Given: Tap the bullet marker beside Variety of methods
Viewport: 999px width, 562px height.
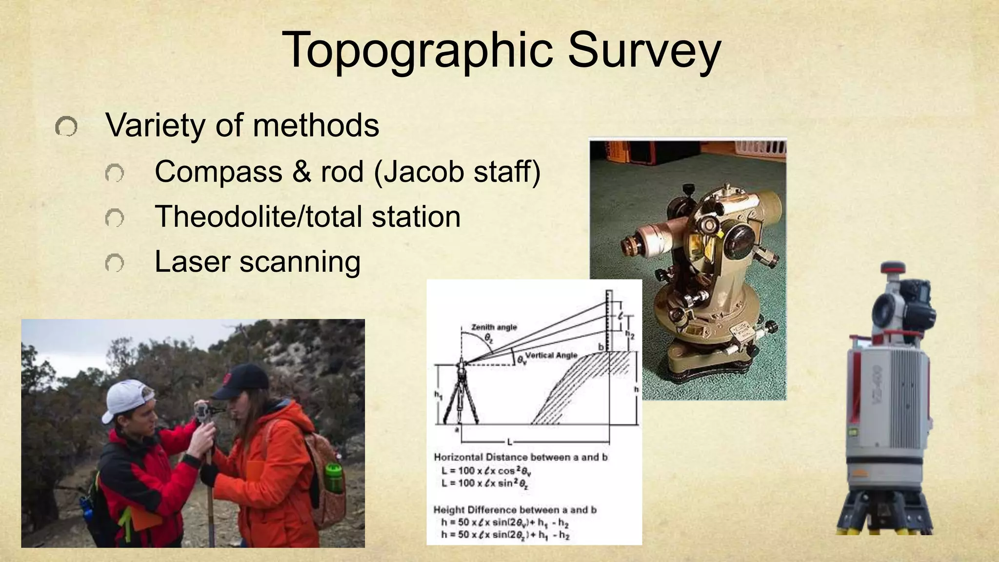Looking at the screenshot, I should tap(66, 127).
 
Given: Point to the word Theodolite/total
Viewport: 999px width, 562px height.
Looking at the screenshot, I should tap(259, 217).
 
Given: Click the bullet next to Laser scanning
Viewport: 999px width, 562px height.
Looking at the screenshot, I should tap(114, 263).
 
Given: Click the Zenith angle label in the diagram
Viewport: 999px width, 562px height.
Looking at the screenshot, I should tap(494, 327).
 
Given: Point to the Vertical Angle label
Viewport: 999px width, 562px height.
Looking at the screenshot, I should tap(551, 355).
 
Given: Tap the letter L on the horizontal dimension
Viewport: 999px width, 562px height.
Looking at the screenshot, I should tap(510, 442).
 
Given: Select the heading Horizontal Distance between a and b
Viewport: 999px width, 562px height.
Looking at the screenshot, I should tap(520, 457).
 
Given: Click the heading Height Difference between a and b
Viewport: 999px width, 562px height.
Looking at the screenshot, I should tap(515, 510).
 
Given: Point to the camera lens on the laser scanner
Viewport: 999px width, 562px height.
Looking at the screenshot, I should tap(884, 310).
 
